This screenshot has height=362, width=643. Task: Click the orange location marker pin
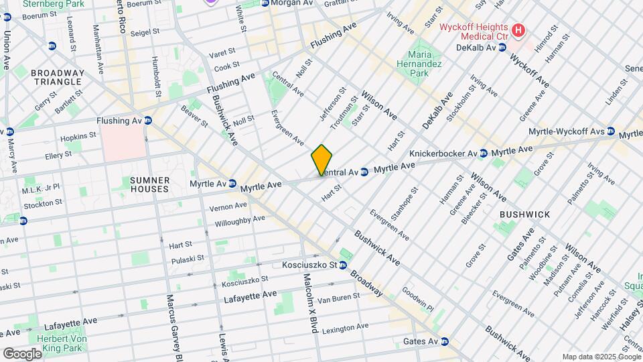click(x=322, y=160)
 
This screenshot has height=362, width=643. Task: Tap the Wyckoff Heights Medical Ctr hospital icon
click(x=517, y=30)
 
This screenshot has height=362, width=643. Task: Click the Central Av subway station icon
click(x=364, y=172)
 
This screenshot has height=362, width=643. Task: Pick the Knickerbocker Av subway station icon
click(x=483, y=154)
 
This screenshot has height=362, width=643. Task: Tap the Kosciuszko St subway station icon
click(x=343, y=265)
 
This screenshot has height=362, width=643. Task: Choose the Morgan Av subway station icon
click(x=265, y=3)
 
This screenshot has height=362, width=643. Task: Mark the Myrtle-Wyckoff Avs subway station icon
click(x=611, y=131)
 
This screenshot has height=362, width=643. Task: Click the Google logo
click(x=22, y=353)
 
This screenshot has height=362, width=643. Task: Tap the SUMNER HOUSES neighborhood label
click(x=149, y=184)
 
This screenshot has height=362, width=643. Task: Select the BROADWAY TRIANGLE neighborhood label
click(x=58, y=77)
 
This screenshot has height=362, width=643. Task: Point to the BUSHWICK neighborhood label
click(x=524, y=215)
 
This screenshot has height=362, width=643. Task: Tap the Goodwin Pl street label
click(x=418, y=298)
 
